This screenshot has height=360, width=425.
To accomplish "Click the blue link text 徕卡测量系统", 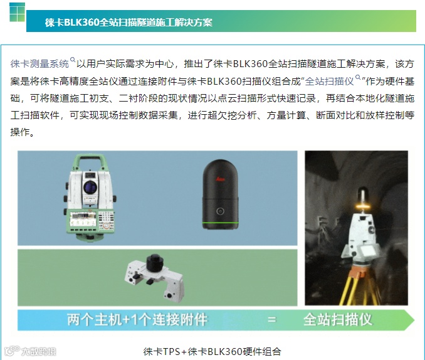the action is tap(39, 64).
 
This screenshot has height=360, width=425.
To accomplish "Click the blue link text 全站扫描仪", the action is tap(329, 81).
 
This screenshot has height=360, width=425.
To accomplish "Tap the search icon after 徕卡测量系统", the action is tap(73, 60).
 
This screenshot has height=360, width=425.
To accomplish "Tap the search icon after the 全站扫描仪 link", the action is tap(358, 77).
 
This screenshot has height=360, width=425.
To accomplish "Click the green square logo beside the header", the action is tap(17, 12).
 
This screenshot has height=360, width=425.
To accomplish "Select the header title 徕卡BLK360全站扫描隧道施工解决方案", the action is tap(129, 22).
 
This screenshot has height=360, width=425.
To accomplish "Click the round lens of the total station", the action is tap(90, 187).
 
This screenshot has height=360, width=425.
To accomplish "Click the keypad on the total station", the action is tap(106, 220).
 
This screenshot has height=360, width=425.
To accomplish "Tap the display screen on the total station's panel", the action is tap(83, 220).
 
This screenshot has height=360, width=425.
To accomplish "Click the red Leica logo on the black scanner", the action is tap(220, 179).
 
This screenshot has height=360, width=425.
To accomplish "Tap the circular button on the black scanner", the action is tap(220, 211).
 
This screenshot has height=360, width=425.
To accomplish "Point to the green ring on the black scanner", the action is tap(220, 223).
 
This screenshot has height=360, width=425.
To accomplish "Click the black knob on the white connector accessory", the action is tap(155, 262).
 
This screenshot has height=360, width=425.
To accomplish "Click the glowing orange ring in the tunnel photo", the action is tap(362, 207).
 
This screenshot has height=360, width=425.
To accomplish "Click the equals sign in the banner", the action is tap(271, 319).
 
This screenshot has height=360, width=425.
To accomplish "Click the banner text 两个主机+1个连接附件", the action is tap(137, 319).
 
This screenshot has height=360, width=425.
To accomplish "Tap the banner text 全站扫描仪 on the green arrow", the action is tap(337, 319).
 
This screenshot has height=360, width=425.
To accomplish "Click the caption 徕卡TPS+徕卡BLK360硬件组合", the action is tap(212, 352).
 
